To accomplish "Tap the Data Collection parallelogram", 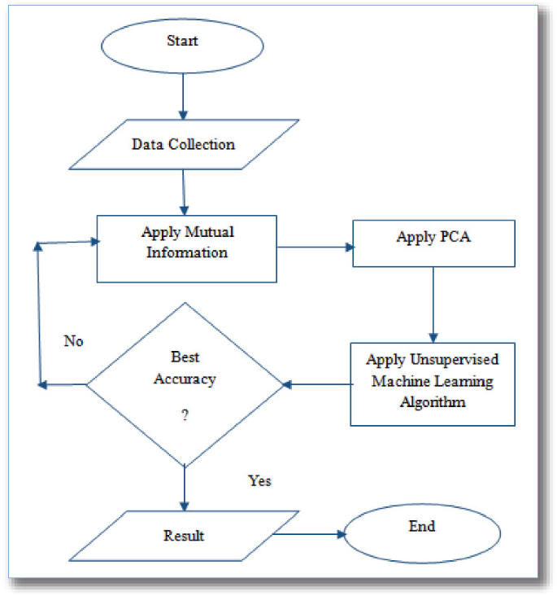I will point(185,145).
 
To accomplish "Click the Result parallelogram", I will point(185,536).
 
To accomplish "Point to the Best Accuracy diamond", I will point(185,383).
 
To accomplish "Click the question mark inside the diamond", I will point(185,414).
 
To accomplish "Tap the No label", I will point(74,341).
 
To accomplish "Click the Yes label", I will point(259,480).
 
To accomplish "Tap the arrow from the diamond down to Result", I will point(185,489).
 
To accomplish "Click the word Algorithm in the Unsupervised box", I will point(431,401).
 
